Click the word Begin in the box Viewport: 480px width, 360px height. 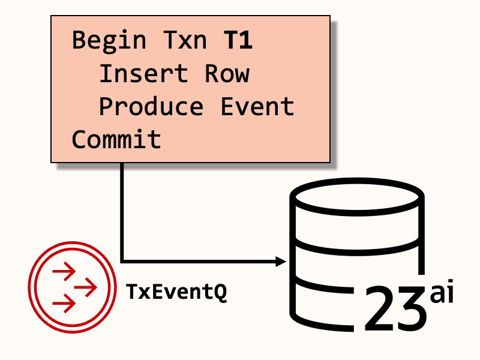click(109, 41)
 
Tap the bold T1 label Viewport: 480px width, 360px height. click(238, 41)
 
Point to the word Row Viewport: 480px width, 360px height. click(227, 74)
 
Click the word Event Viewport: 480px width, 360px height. click(257, 107)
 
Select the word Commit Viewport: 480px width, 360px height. click(116, 139)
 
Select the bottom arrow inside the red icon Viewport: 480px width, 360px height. click(64, 302)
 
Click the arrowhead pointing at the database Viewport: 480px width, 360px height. click(280, 261)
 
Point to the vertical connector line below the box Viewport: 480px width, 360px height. click(122, 210)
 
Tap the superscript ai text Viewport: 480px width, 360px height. click(442, 295)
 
